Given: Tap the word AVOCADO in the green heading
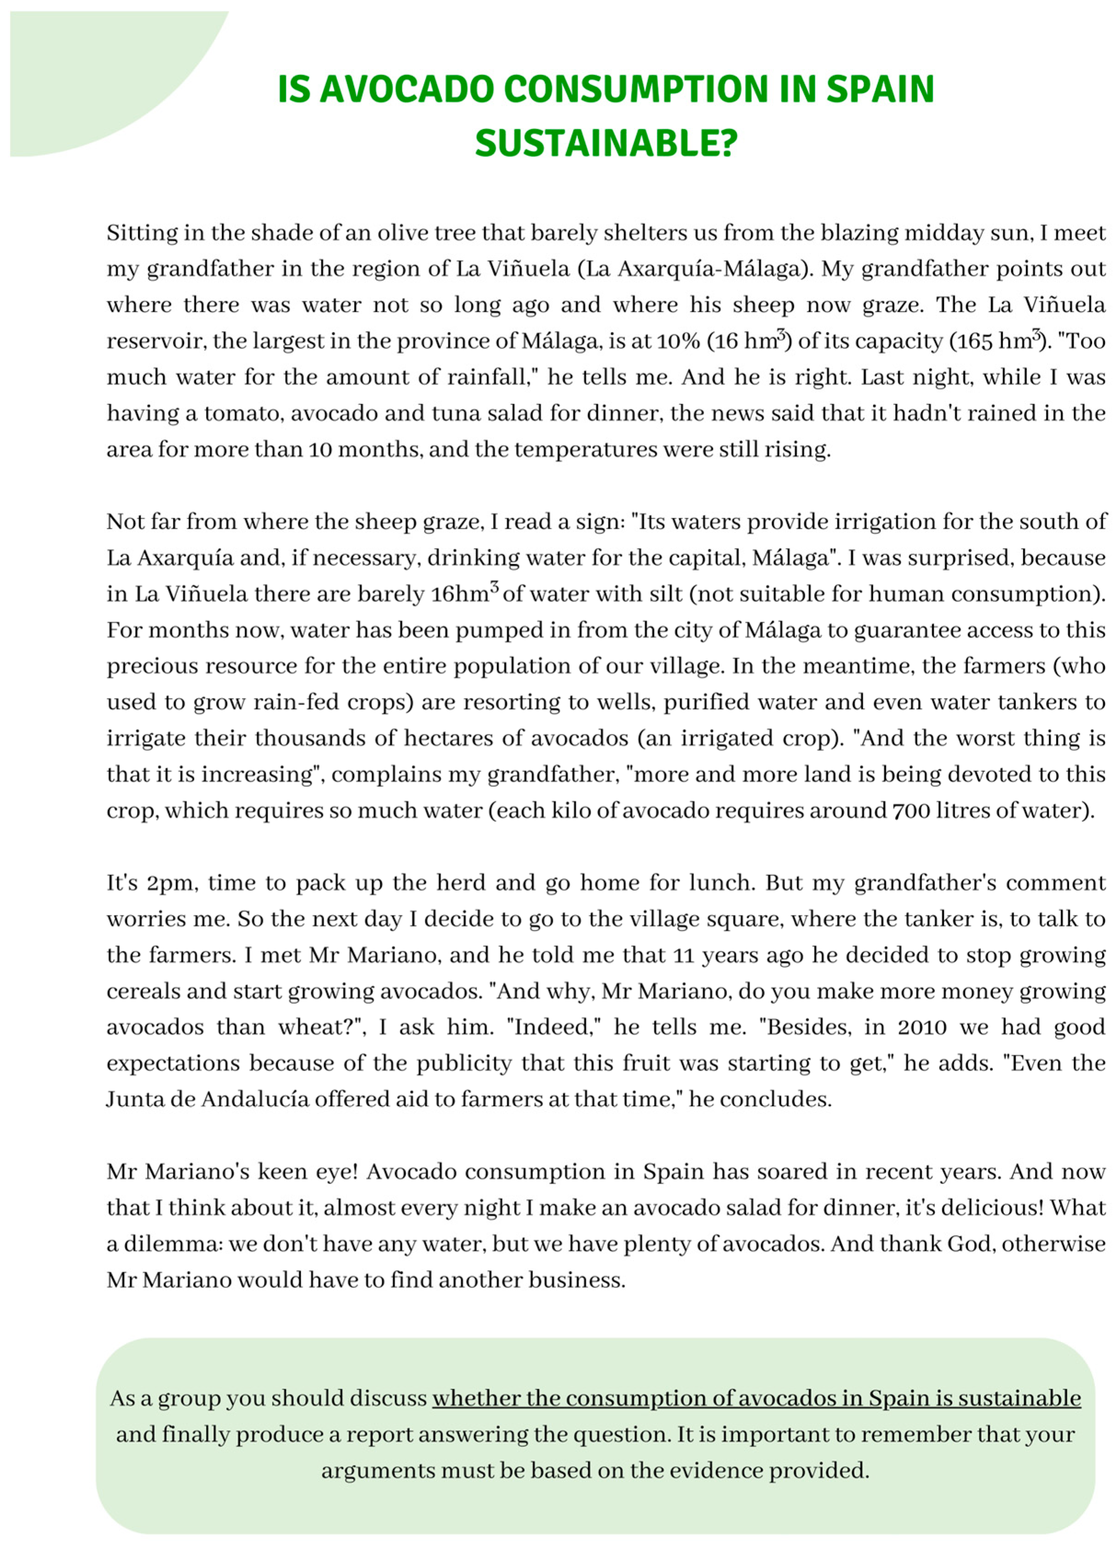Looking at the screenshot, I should [406, 89].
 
